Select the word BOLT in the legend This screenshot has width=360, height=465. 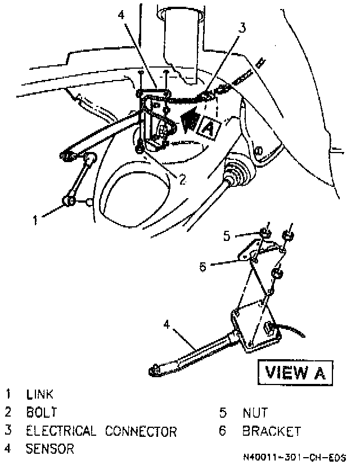[41, 413]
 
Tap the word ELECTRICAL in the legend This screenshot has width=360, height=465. [61, 431]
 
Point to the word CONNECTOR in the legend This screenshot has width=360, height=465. [141, 431]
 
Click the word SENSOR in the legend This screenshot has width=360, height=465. [49, 449]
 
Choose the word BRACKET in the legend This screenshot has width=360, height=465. [272, 431]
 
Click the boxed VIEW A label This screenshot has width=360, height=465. [295, 372]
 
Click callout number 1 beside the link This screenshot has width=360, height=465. [35, 220]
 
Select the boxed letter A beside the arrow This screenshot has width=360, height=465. [208, 129]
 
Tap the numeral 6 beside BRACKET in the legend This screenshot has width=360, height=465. [223, 431]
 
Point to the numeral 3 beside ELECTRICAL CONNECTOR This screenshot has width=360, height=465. [8, 431]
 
